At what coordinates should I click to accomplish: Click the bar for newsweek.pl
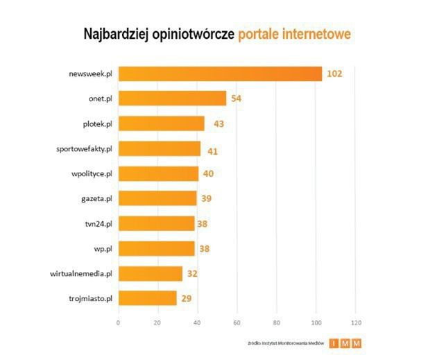(220, 74)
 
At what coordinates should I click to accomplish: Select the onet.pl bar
(172, 98)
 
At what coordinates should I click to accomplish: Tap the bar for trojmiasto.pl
(147, 298)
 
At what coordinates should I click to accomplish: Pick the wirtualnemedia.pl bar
(151, 273)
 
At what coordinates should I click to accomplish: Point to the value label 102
(335, 74)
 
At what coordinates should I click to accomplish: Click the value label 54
(236, 98)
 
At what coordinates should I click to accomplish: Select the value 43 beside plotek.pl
(214, 123)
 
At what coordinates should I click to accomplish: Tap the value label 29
(186, 298)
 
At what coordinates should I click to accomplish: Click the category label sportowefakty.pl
(84, 148)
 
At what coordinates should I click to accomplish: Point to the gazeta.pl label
(97, 198)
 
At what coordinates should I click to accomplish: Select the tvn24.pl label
(98, 223)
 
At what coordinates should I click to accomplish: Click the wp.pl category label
(104, 248)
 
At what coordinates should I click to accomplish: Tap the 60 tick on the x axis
(237, 323)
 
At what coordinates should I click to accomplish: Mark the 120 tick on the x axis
(357, 323)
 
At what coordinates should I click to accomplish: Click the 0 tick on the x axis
(119, 323)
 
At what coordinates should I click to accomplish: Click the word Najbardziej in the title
(116, 34)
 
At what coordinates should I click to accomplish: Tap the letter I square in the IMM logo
(334, 343)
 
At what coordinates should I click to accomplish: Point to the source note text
(285, 343)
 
